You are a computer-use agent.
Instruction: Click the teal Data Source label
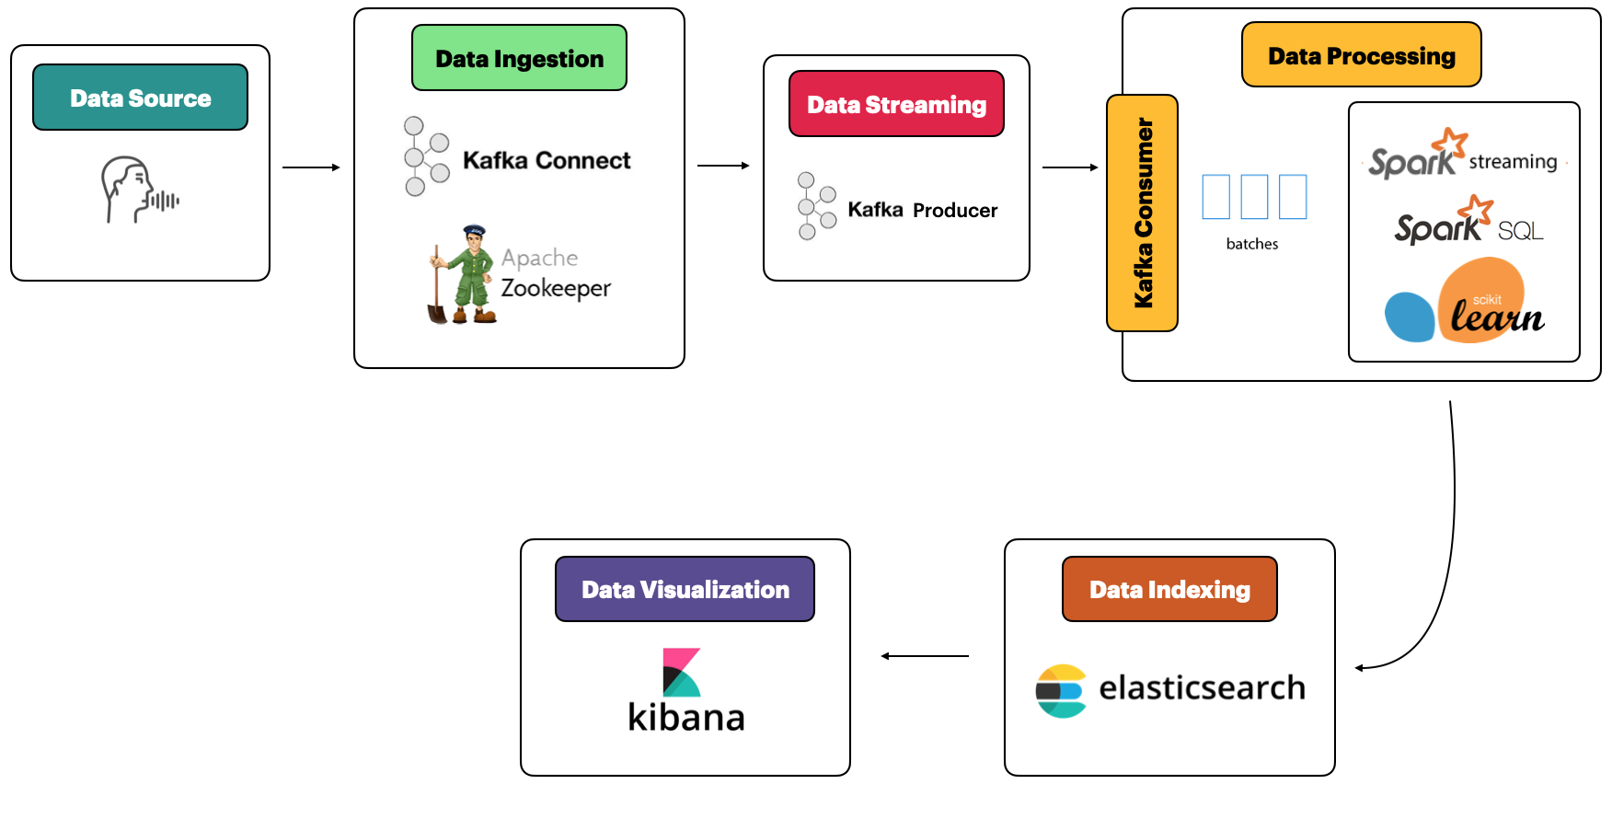pyautogui.click(x=140, y=98)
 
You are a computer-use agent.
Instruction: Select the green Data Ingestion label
pyautogui.click(x=519, y=58)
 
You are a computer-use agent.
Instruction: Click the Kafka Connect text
pyautogui.click(x=547, y=160)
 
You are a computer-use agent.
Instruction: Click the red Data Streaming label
pyautogui.click(x=896, y=104)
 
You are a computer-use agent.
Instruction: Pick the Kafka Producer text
pyautogui.click(x=922, y=210)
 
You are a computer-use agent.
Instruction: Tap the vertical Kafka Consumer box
pyautogui.click(x=1142, y=213)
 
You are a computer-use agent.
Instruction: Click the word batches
pyautogui.click(x=1252, y=244)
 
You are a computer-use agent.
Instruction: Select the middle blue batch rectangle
pyautogui.click(x=1254, y=197)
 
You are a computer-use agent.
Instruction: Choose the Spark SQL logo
pyautogui.click(x=1468, y=220)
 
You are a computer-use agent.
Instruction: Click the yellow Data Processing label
pyautogui.click(x=1362, y=55)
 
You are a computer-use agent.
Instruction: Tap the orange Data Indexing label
pyautogui.click(x=1169, y=589)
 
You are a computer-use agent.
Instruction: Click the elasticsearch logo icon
pyautogui.click(x=1061, y=691)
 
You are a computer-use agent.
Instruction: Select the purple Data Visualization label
pyautogui.click(x=685, y=589)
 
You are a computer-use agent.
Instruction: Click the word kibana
pyautogui.click(x=686, y=717)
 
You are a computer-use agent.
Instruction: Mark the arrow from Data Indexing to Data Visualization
pyautogui.click(x=925, y=656)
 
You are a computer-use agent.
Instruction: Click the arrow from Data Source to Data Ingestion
pyautogui.click(x=311, y=167)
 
